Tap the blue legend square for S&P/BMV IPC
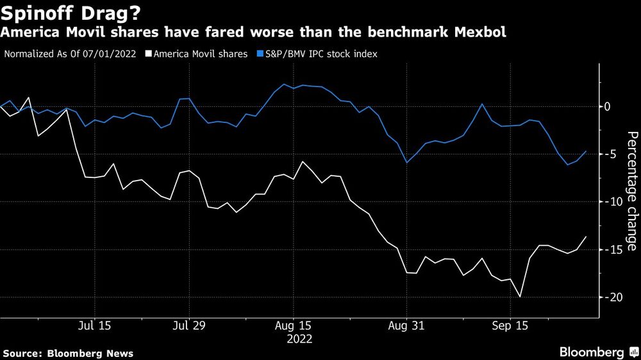click(x=259, y=54)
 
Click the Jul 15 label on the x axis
click(x=94, y=325)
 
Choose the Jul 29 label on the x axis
click(x=190, y=325)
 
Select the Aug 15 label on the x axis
click(x=294, y=325)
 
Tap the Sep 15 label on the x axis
click(x=510, y=325)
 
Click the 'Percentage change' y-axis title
click(x=631, y=191)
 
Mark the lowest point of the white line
click(x=519, y=297)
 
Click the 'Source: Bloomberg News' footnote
click(x=68, y=353)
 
